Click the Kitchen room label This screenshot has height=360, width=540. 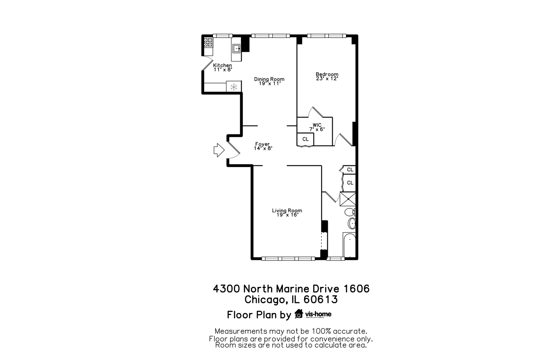[222, 67]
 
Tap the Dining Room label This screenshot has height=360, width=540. [269, 81]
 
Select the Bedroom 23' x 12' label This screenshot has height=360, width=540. [327, 76]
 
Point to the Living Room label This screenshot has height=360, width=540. [287, 212]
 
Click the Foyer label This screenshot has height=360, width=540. [263, 146]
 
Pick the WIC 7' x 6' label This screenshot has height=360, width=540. [317, 127]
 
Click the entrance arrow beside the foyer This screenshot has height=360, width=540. [219, 150]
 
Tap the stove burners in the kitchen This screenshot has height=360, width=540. [208, 42]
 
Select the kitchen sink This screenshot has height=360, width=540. [236, 49]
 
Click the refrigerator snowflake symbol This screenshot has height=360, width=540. [234, 87]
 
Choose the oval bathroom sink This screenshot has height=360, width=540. [351, 223]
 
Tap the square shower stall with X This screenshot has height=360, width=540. [348, 199]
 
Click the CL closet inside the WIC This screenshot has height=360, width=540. [305, 139]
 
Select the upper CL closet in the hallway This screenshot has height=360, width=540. [350, 170]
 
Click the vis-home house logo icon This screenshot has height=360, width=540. [298, 314]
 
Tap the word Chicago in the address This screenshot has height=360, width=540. [265, 299]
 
